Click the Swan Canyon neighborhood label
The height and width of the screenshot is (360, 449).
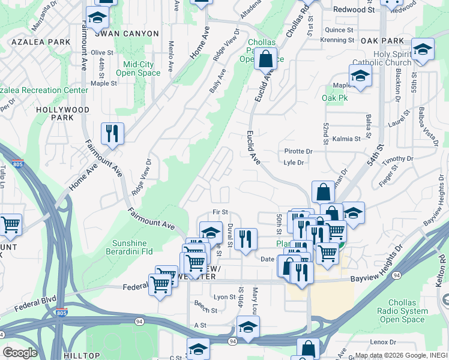tap(130, 34)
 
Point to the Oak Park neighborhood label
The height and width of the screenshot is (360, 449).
tap(382, 40)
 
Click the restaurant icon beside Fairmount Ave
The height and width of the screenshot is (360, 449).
tap(112, 133)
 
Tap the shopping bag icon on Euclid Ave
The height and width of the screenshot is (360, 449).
tap(265, 59)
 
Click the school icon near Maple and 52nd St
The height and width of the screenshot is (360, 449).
tap(360, 76)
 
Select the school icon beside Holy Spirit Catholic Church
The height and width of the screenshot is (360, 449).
tap(423, 50)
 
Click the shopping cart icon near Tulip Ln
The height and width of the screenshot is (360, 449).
tap(10, 225)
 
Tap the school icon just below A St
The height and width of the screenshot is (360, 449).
tap(248, 327)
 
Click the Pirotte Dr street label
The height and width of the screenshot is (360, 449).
tap(298, 152)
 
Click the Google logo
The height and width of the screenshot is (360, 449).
tap(20, 352)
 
